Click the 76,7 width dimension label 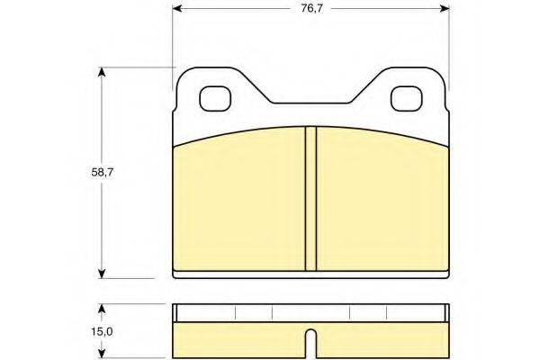[311, 9]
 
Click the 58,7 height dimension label [103, 173]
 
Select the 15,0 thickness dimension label [102, 332]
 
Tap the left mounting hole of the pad [215, 98]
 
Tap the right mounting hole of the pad [407, 98]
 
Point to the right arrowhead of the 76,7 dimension [445, 9]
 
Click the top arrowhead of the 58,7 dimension [101, 72]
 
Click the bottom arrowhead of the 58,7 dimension [101, 274]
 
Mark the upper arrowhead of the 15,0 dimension [101, 309]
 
